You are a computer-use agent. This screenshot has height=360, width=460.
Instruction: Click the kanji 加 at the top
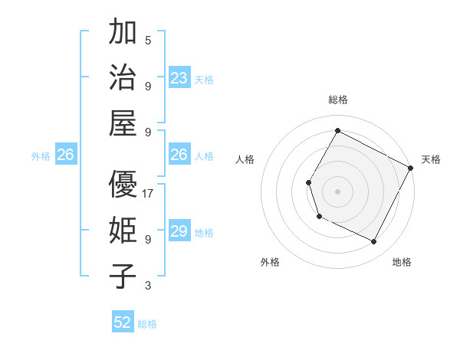pyautogui.click(x=123, y=34)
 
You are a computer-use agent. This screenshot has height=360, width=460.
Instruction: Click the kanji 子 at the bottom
pyautogui.click(x=123, y=276)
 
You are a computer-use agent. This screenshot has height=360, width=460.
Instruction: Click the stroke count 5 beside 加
pyautogui.click(x=148, y=41)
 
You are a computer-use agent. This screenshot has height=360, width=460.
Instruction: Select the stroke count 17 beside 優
pyautogui.click(x=148, y=194)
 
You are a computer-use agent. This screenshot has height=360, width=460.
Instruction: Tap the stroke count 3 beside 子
pyautogui.click(x=148, y=286)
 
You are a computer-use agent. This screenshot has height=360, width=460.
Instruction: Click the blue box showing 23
pyautogui.click(x=179, y=78)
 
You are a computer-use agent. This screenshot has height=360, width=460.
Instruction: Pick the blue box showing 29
pyautogui.click(x=179, y=231)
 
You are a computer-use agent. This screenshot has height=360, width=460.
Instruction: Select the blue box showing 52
pyautogui.click(x=123, y=322)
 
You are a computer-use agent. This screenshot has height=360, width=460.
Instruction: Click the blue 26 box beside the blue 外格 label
pyautogui.click(x=65, y=155)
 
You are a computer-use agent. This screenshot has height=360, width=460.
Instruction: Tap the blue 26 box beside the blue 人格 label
pyautogui.click(x=179, y=155)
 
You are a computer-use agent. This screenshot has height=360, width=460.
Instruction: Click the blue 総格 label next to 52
pyautogui.click(x=147, y=324)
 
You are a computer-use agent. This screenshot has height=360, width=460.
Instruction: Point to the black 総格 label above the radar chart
pyautogui.click(x=337, y=100)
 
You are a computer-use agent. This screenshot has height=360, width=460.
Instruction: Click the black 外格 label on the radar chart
pyautogui.click(x=270, y=262)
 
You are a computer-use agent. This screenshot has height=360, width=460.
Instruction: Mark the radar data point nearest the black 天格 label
pyautogui.click(x=411, y=168)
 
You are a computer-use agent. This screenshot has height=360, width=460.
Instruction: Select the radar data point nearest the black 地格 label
pyautogui.click(x=374, y=242)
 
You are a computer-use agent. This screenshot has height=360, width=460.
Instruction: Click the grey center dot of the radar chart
pyautogui.click(x=337, y=190)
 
